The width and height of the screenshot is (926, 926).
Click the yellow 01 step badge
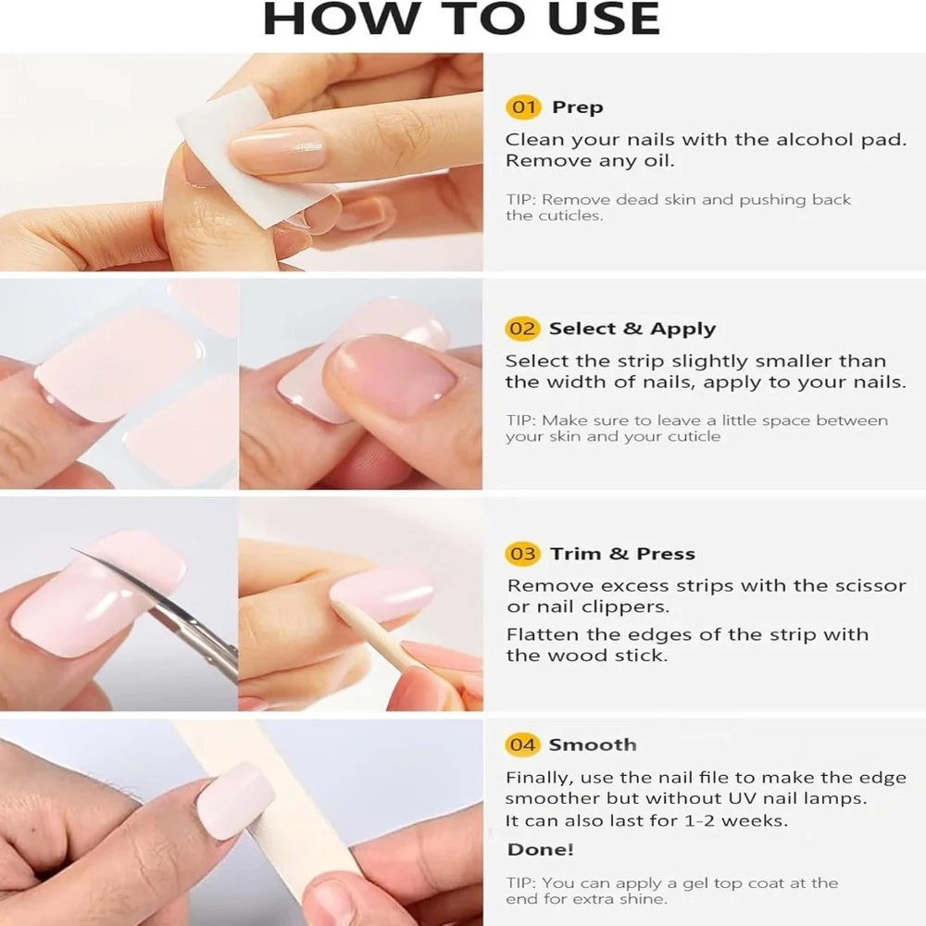(x=523, y=107)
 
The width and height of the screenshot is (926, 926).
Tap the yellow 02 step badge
(x=522, y=329)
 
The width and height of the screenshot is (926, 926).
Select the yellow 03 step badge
(x=522, y=554)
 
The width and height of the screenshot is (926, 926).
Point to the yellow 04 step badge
(x=522, y=745)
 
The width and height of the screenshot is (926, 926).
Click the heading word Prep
(x=578, y=108)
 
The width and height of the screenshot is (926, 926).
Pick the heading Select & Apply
(x=632, y=329)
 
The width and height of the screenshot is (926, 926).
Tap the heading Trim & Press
(x=623, y=554)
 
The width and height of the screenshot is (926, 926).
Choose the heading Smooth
(x=593, y=745)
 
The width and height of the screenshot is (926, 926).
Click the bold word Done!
(x=541, y=850)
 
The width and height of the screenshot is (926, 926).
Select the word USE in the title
(x=604, y=19)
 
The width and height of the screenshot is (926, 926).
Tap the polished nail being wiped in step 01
(x=276, y=149)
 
